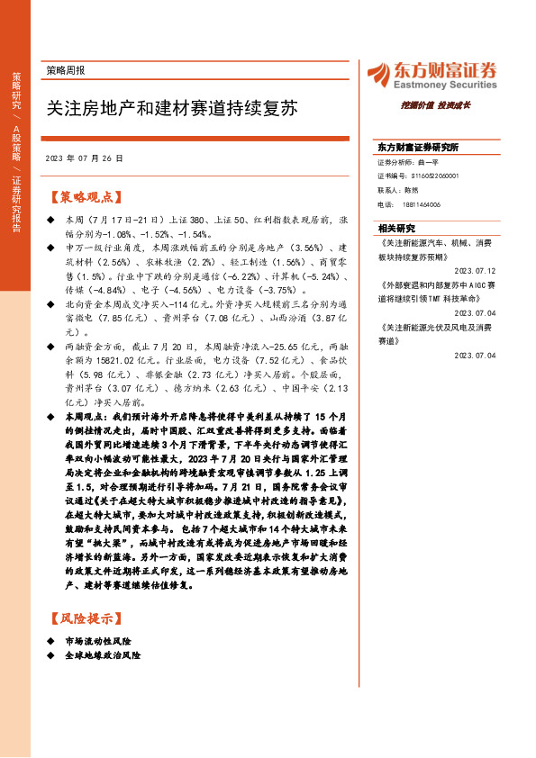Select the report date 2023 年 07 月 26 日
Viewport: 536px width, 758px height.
(x=83, y=158)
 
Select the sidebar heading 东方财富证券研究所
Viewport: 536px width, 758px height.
(x=418, y=147)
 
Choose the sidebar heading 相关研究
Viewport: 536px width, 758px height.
(x=396, y=228)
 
